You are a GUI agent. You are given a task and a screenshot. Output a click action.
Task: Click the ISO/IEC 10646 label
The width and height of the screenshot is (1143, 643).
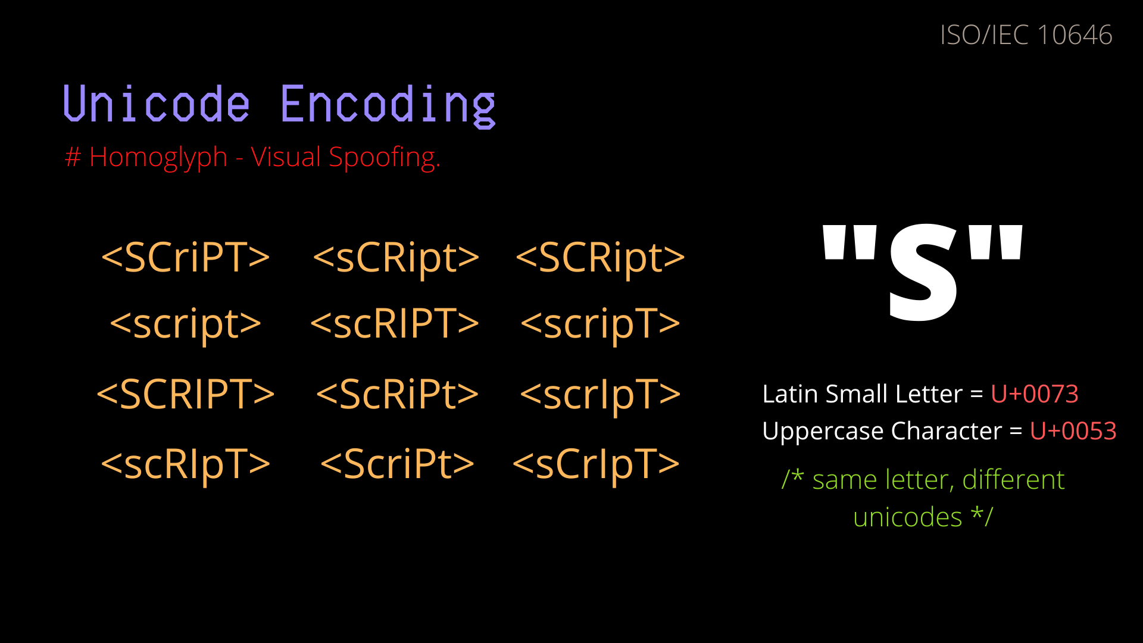(1026, 35)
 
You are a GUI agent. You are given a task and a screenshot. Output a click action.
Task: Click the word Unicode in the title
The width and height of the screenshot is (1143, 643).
(156, 105)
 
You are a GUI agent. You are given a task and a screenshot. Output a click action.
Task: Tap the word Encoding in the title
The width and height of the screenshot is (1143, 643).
(388, 106)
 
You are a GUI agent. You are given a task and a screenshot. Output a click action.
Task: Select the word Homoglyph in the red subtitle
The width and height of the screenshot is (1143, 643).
(158, 158)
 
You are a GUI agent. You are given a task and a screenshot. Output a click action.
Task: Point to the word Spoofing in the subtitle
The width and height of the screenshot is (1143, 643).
(384, 158)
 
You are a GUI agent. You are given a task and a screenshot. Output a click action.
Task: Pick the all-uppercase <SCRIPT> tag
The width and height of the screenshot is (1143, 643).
(186, 394)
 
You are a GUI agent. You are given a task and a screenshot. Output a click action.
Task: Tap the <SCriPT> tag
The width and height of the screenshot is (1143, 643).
(186, 257)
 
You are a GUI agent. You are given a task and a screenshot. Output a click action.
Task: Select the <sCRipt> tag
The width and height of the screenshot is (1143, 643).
(396, 257)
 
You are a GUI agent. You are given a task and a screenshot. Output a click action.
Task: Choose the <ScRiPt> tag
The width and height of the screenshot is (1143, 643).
(397, 394)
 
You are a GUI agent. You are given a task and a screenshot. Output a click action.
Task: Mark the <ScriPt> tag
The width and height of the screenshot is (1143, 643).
(397, 464)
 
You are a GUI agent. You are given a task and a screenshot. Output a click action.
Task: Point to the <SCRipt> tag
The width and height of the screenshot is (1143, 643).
(600, 257)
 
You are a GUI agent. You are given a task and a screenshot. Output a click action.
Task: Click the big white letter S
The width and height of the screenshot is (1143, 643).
(923, 274)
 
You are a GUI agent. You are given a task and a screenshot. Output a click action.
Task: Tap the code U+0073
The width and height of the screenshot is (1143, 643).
(1034, 394)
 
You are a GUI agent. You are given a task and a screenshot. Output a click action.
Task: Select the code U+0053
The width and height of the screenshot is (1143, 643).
(1073, 431)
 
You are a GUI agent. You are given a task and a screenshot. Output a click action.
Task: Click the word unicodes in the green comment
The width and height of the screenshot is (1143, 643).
(907, 517)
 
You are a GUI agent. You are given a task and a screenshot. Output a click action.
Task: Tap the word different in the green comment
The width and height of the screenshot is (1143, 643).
(1013, 480)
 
